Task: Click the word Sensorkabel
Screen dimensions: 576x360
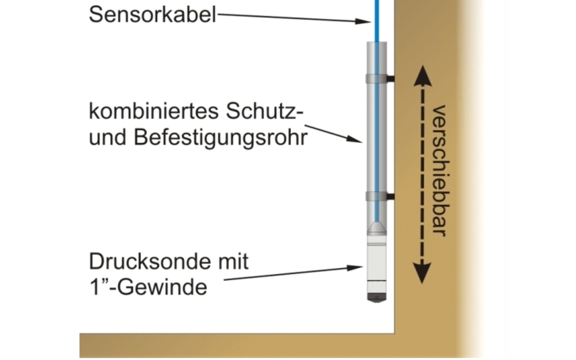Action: point(152,15)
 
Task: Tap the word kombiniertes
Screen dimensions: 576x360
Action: point(153,112)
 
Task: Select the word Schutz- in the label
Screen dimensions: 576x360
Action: point(265,112)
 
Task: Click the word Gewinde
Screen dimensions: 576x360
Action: point(162,288)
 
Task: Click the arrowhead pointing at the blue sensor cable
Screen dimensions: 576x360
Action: point(363,21)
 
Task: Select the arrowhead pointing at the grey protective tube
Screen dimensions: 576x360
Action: point(354,139)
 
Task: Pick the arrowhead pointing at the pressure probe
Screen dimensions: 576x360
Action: point(355,268)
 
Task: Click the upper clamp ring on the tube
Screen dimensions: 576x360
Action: point(376,79)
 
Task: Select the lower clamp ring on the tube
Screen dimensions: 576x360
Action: point(376,196)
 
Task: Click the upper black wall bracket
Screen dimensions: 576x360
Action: point(391,79)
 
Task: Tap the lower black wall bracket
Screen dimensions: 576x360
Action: point(391,197)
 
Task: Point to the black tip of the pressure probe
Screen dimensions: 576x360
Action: point(377,297)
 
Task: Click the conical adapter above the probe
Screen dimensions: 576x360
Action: point(377,229)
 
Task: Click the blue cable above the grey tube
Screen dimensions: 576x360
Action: point(377,21)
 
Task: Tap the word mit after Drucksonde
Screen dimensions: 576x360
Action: point(233,261)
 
